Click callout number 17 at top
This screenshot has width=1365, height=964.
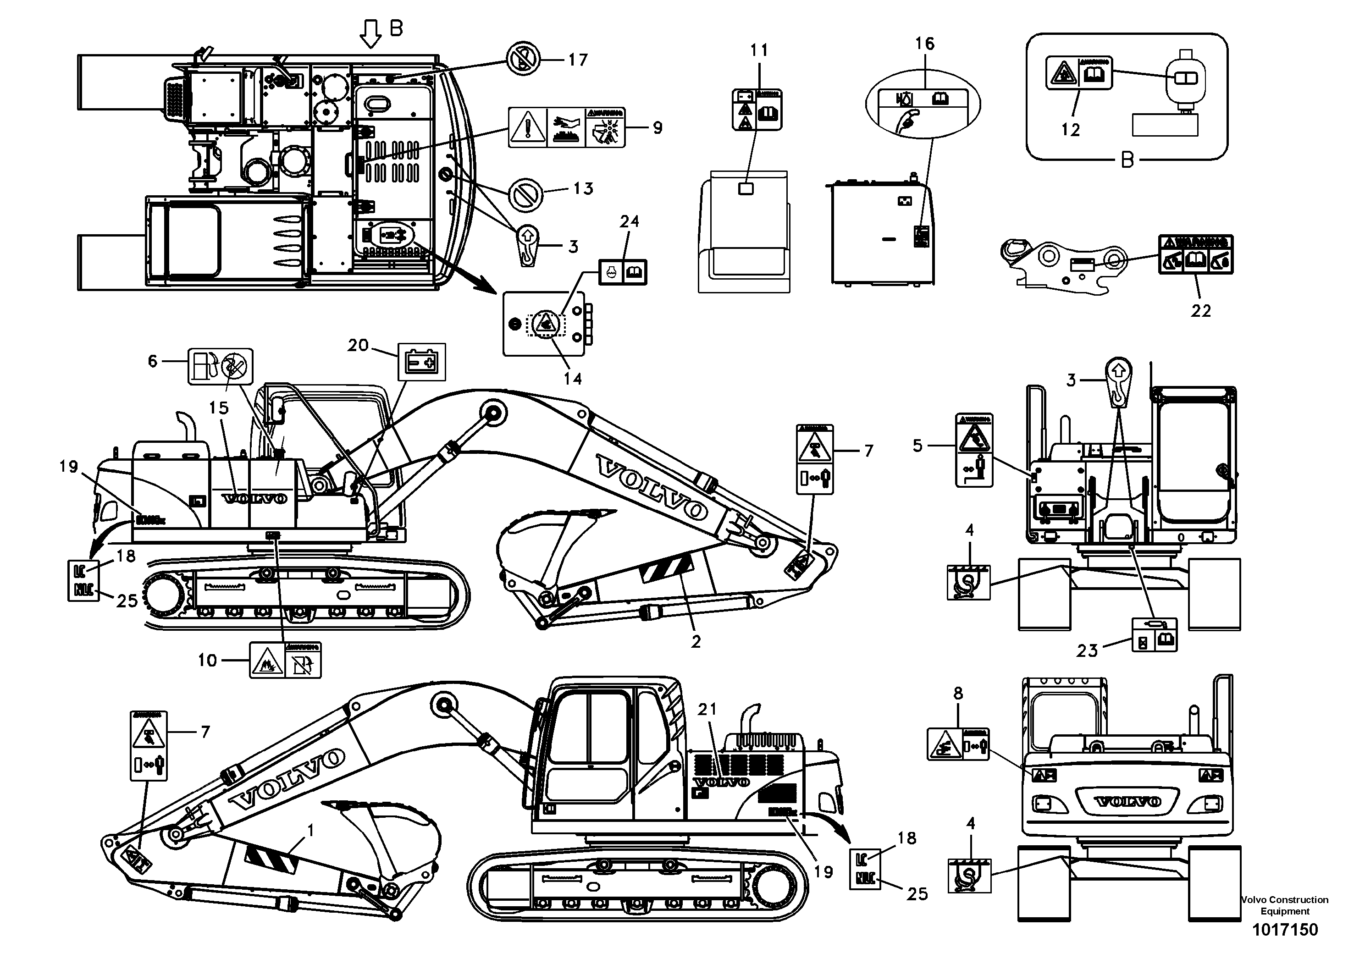577,60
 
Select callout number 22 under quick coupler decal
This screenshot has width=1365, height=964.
1200,310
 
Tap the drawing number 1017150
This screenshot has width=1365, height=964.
1285,930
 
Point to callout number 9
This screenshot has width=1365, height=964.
657,128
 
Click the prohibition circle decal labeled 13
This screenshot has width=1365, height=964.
525,194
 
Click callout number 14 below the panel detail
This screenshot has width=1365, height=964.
573,379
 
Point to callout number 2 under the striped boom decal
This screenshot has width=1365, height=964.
696,642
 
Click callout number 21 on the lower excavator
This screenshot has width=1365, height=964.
707,709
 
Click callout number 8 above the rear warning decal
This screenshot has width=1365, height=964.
958,693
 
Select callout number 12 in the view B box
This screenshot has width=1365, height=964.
1070,130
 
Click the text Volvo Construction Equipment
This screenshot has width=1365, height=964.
1285,905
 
